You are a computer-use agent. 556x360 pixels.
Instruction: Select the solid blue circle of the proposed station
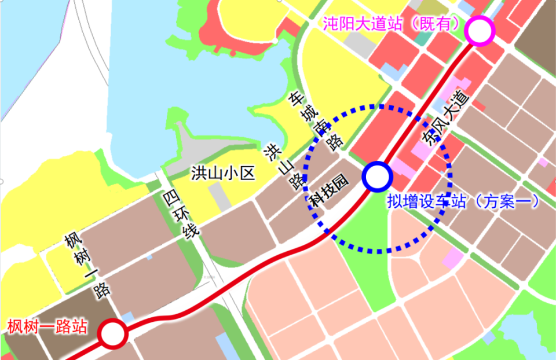(378, 175)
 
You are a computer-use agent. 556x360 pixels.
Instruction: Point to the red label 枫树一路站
(47, 326)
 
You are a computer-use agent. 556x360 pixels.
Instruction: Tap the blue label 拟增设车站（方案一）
(463, 201)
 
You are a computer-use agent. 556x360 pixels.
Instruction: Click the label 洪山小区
(223, 173)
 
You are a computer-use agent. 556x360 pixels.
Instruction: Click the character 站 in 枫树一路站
(80, 326)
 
